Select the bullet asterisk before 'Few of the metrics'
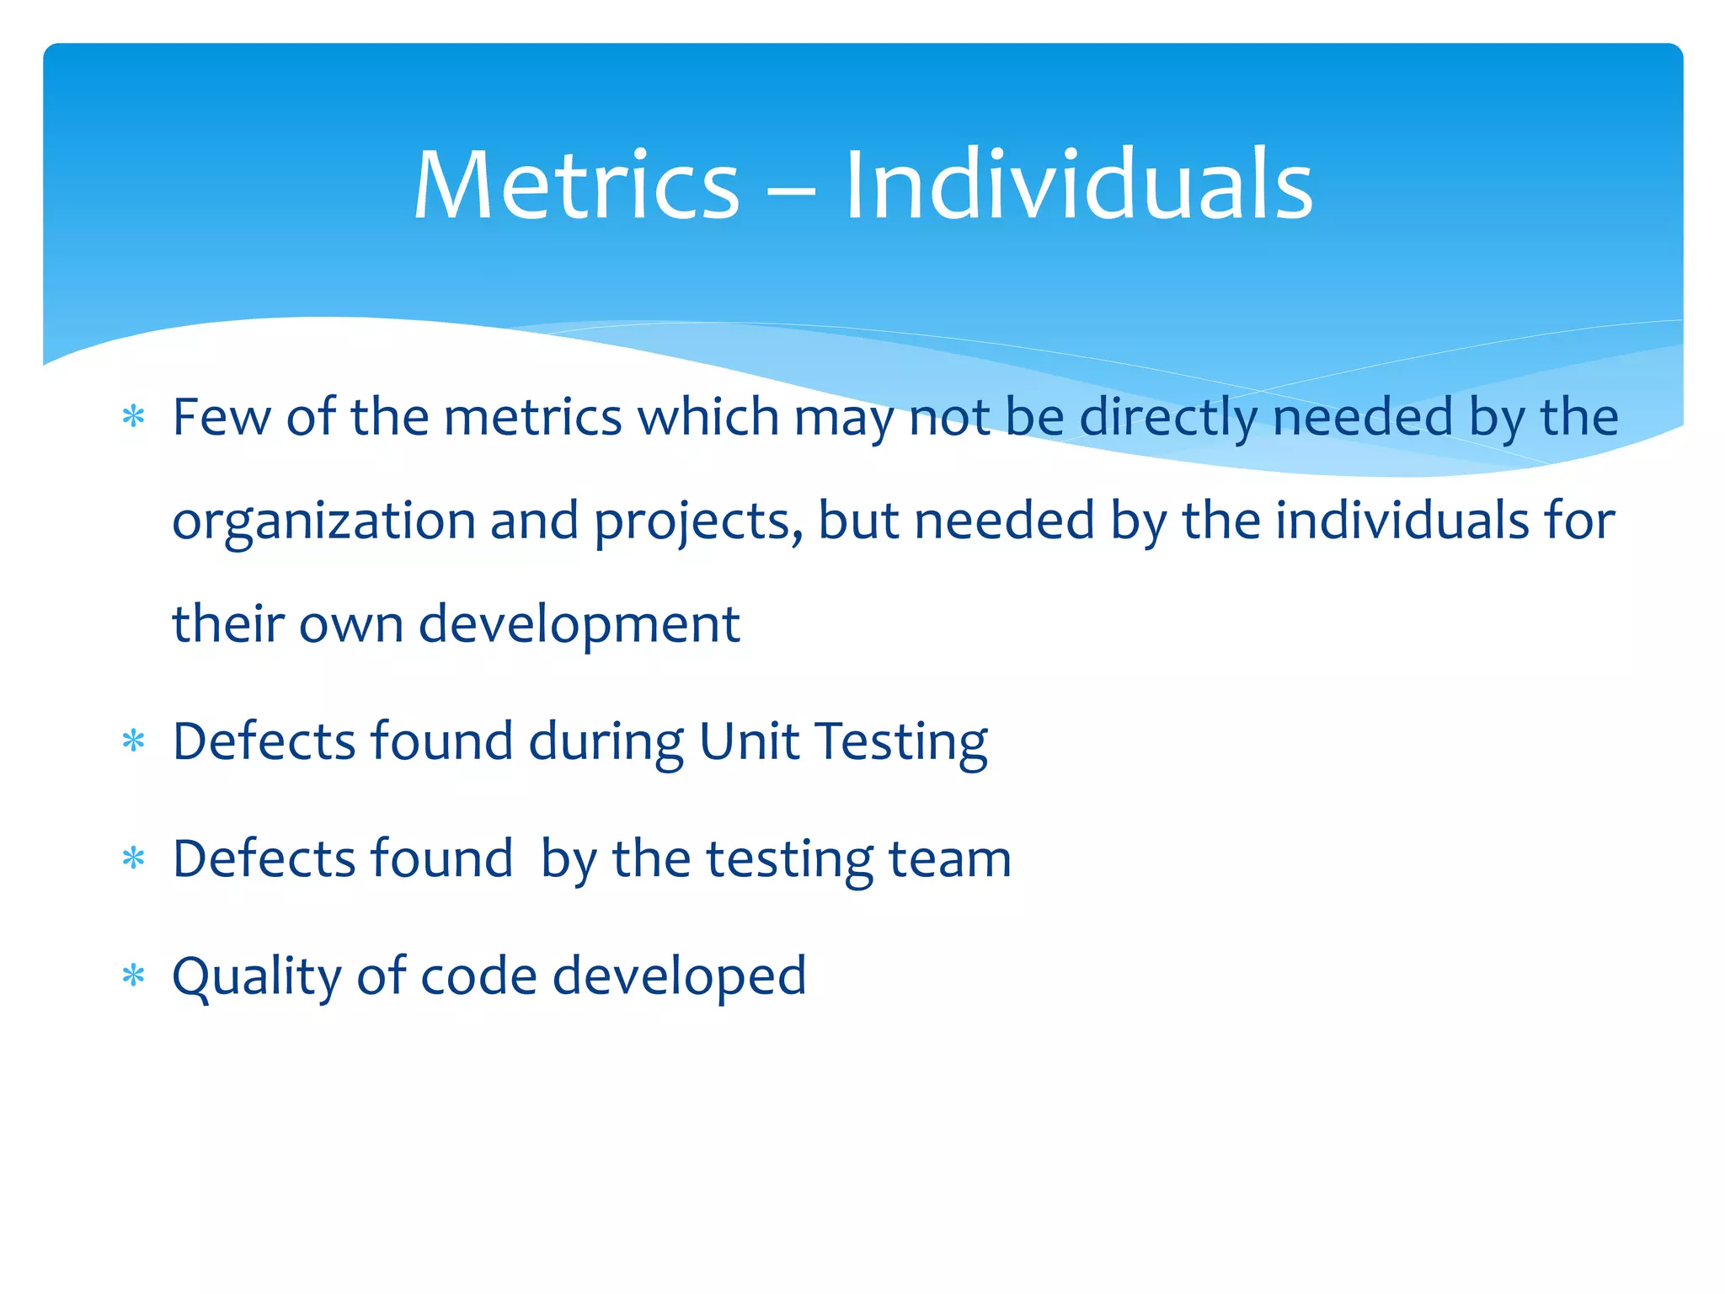coord(133,417)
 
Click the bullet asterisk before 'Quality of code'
coord(133,976)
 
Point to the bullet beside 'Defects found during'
coord(133,741)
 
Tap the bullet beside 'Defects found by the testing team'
coord(133,859)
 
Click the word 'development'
coord(579,625)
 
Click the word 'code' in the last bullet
coord(478,976)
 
